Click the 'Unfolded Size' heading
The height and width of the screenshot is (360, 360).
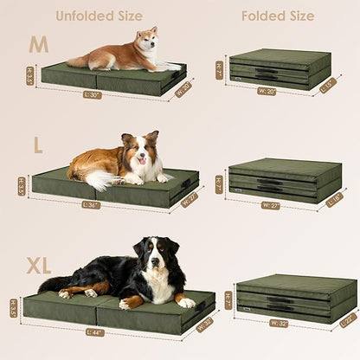point(99,16)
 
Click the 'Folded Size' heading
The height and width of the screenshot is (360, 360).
point(278,16)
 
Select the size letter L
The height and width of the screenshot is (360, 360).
point(37,145)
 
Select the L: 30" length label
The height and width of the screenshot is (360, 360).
point(93,93)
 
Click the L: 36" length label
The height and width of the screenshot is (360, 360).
point(90,205)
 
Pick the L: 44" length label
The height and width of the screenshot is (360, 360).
point(94,331)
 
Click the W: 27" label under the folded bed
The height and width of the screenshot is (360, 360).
point(270,205)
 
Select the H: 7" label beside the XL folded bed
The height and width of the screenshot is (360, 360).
point(228,299)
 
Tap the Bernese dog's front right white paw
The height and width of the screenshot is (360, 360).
point(185,303)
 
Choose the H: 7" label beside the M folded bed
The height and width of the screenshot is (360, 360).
point(220,68)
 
